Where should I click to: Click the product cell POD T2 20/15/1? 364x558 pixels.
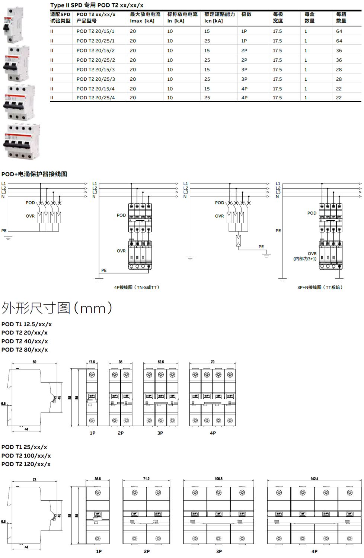(x=95, y=31)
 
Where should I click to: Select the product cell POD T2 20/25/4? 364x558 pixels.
(x=96, y=97)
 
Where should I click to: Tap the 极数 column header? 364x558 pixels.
(x=246, y=15)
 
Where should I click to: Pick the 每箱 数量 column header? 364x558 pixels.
(x=341, y=17)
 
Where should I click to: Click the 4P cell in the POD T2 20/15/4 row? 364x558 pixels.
(x=244, y=89)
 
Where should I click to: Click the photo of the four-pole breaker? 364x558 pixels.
(x=22, y=142)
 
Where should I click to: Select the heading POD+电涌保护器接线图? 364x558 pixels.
(x=34, y=174)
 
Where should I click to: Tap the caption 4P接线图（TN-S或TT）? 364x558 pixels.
(x=137, y=287)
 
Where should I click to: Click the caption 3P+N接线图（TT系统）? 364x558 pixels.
(x=320, y=287)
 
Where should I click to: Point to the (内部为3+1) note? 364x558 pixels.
(x=304, y=259)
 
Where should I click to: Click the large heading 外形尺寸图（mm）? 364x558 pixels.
(x=57, y=308)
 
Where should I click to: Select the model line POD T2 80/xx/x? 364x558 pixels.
(x=25, y=350)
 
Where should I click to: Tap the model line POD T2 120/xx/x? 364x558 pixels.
(x=26, y=464)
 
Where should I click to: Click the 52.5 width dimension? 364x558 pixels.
(x=160, y=362)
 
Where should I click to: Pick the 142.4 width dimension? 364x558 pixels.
(x=314, y=479)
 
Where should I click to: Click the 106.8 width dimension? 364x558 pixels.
(x=218, y=479)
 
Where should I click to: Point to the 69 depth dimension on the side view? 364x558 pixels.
(x=35, y=362)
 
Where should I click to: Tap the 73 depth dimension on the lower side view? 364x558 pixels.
(x=35, y=480)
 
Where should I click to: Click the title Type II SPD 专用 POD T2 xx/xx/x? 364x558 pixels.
(x=97, y=5)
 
